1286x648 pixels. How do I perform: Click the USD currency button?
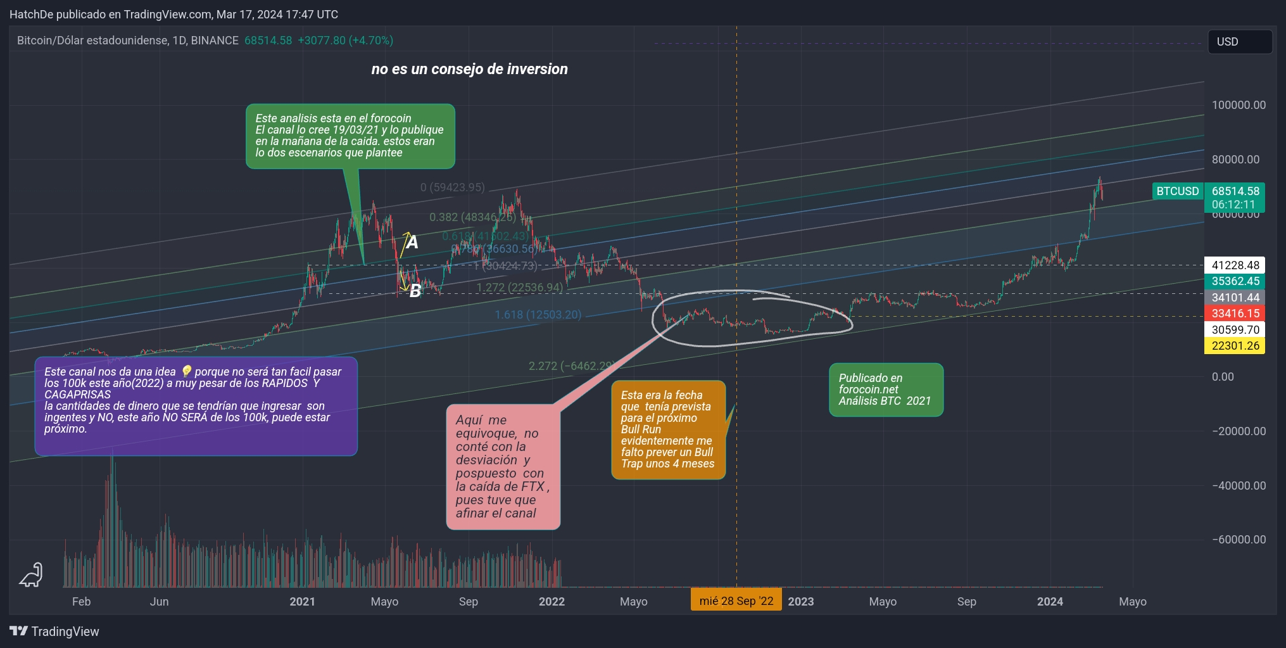click(x=1239, y=42)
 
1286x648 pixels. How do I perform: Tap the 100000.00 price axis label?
click(x=1239, y=105)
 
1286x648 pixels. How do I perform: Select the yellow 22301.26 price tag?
click(x=1234, y=346)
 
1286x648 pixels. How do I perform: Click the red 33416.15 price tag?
click(x=1234, y=314)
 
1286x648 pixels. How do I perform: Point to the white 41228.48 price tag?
click(x=1234, y=265)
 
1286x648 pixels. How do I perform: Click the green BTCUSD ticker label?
click(x=1177, y=191)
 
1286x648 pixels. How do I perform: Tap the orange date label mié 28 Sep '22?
click(x=736, y=601)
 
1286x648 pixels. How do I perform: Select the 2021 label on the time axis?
click(x=302, y=602)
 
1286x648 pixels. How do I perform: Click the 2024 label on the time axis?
click(x=1050, y=602)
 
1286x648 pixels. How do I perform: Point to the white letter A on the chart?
click(x=412, y=242)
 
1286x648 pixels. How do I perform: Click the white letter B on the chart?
click(x=415, y=291)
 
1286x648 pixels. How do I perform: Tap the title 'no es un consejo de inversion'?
click(x=469, y=69)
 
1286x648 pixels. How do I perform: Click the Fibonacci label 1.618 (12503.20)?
click(x=538, y=315)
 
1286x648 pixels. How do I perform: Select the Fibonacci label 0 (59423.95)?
click(x=452, y=187)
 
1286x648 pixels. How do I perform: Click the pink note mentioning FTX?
click(x=503, y=467)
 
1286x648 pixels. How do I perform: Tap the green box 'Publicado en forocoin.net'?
click(x=885, y=390)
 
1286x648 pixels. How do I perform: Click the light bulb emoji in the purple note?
click(x=186, y=372)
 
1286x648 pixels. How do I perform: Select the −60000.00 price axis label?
click(x=1239, y=540)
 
